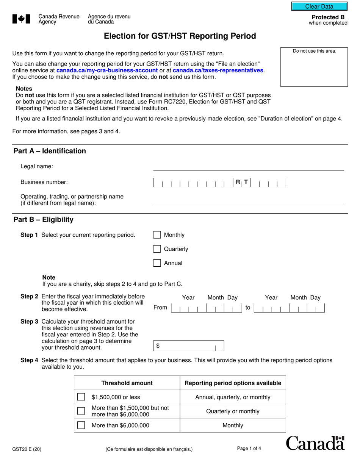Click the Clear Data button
pos(319,6)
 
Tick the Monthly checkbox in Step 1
pos(157,235)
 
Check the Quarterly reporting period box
pos(157,249)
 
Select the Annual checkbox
pos(157,263)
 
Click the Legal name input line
pos(248,167)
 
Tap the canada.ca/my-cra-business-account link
pos(107,70)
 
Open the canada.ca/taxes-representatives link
pos(218,70)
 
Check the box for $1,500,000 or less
pos(81,397)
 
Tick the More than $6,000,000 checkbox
pos(81,425)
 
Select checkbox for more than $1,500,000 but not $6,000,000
pos(81,411)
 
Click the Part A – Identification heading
pos(50,151)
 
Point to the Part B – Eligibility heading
pos(44,220)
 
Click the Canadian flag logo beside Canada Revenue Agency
pos(21,19)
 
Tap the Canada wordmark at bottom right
pos(315,443)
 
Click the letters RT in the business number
pos(242,182)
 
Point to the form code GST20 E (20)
pos(27,450)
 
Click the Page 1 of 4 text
pos(249,449)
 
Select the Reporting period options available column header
pos(233,383)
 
